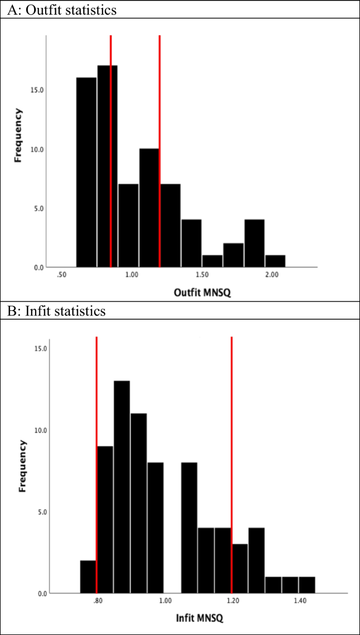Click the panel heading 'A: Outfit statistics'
[x=61, y=9]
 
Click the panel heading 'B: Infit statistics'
[x=56, y=311]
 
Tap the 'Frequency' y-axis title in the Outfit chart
[x=18, y=135]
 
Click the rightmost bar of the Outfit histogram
[x=275, y=261]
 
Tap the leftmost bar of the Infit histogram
[x=88, y=577]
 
